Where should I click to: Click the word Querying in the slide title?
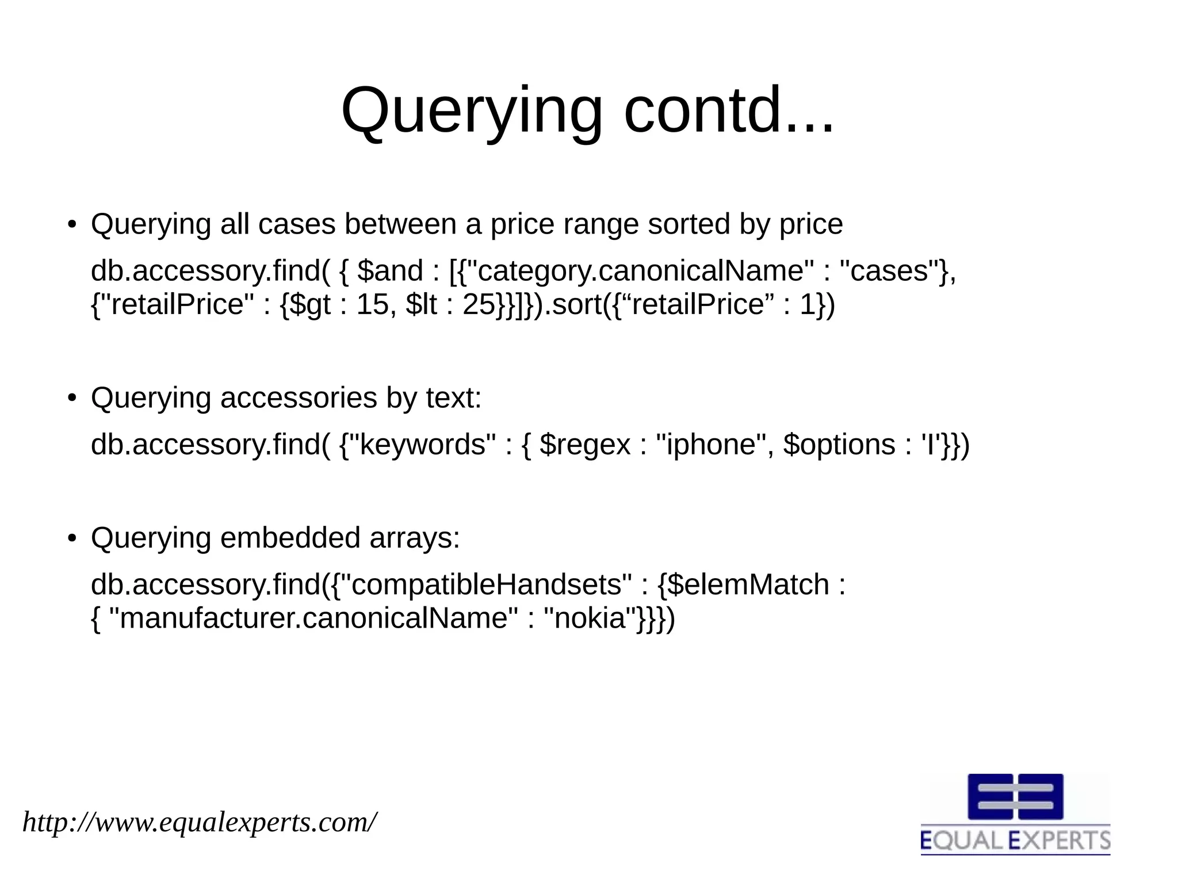471,110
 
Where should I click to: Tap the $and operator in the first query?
390,270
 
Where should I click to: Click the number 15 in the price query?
373,304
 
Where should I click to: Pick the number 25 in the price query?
479,304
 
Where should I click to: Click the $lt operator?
422,304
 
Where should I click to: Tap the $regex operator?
586,445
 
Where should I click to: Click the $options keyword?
840,445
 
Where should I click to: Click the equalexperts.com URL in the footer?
200,822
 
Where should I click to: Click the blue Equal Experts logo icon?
1015,796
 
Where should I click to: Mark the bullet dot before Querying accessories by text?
71,398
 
